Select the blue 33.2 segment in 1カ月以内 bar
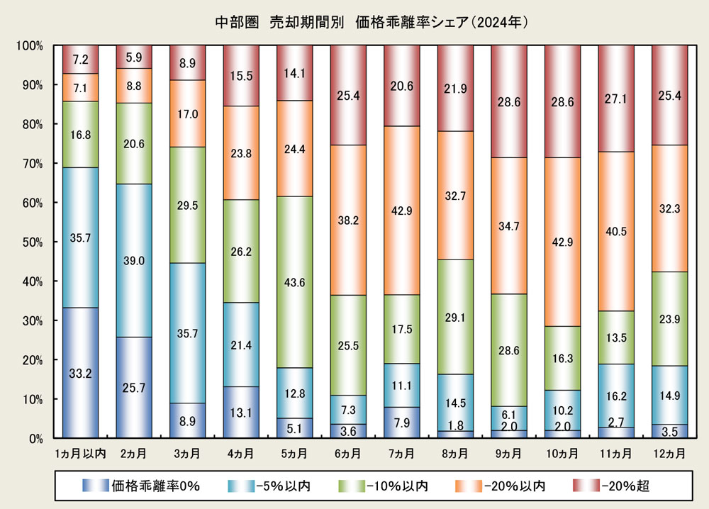tap(80, 373)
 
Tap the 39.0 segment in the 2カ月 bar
tap(134, 260)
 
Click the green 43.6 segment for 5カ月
tap(294, 281)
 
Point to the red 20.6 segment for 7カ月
tap(402, 85)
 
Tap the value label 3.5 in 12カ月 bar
tap(669, 431)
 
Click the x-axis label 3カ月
tap(187, 452)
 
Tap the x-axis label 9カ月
tap(508, 452)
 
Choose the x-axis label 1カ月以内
tap(80, 452)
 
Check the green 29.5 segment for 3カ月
tap(187, 205)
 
